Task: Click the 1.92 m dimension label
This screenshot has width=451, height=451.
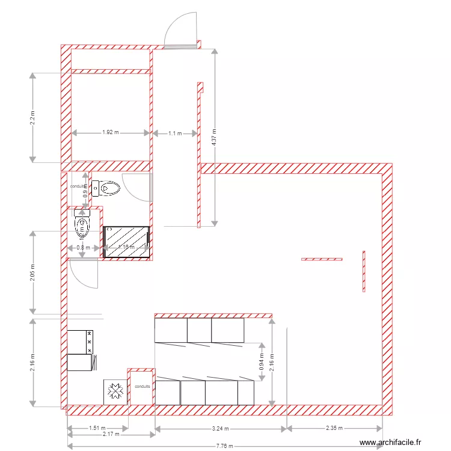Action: click(x=111, y=132)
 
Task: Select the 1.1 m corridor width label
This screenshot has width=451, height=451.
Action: click(x=174, y=132)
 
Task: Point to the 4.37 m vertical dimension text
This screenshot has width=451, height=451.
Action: click(x=214, y=138)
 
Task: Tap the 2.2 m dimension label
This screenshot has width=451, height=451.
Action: click(x=33, y=117)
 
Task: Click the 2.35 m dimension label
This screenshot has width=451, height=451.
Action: click(x=334, y=429)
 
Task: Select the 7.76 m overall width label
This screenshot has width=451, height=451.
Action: click(x=225, y=446)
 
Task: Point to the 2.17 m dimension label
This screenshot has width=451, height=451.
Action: click(x=111, y=434)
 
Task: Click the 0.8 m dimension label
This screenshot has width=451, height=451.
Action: click(x=83, y=247)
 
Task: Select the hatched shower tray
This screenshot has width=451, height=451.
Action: click(x=126, y=241)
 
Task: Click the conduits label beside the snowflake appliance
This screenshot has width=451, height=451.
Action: click(x=143, y=387)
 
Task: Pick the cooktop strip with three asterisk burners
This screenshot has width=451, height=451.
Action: click(x=90, y=342)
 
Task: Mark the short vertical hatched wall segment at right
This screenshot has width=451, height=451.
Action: click(x=363, y=271)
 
